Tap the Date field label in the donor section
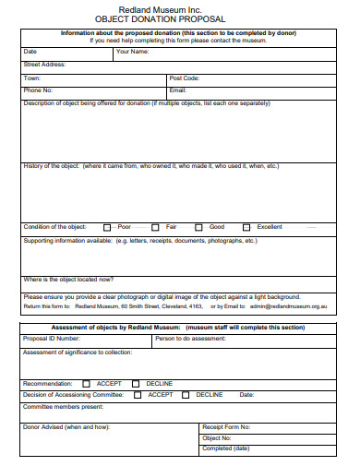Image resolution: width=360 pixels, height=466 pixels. pyautogui.click(x=30, y=52)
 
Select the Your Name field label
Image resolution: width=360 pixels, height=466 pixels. pyautogui.click(x=133, y=52)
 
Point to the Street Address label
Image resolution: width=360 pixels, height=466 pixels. pyautogui.click(x=44, y=65)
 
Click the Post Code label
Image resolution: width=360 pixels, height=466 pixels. pyautogui.click(x=185, y=78)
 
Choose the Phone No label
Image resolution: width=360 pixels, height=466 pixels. pyautogui.click(x=38, y=90)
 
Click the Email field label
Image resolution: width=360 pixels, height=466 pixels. pyautogui.click(x=178, y=90)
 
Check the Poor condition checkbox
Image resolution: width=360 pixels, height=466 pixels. pyautogui.click(x=107, y=227)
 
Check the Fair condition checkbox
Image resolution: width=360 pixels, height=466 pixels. pyautogui.click(x=155, y=227)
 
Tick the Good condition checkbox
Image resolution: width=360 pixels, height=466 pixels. pyautogui.click(x=198, y=227)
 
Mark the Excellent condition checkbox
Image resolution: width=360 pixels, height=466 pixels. pyautogui.click(x=246, y=227)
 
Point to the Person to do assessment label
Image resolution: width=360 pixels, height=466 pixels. pyautogui.click(x=190, y=339)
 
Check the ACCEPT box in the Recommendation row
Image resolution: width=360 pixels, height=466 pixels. pyautogui.click(x=87, y=383)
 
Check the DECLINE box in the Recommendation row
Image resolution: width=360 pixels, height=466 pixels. pyautogui.click(x=136, y=383)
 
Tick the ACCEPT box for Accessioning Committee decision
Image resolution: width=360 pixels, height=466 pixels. pyautogui.click(x=138, y=395)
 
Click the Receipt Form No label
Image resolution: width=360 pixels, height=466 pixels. pyautogui.click(x=227, y=427)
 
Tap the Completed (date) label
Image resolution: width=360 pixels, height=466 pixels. pyautogui.click(x=226, y=448)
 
